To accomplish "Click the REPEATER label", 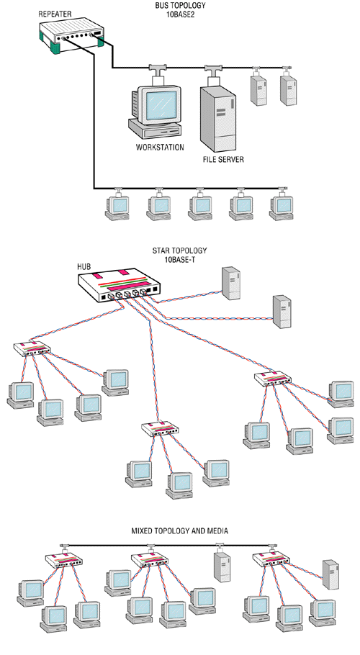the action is point(55,14).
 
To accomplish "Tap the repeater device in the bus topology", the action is point(71,37).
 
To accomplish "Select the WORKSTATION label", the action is point(160,148).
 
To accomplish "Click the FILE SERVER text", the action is point(223,160).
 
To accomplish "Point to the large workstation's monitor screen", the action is point(161,104).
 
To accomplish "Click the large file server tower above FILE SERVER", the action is point(217,117).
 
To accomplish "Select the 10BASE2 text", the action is point(180,14).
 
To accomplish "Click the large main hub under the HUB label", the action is point(119,285).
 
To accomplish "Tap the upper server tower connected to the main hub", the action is point(231,283).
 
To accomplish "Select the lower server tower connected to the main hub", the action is point(282,312).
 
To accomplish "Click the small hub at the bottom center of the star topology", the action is point(160,429).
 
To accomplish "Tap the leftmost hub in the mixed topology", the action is point(63,559).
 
